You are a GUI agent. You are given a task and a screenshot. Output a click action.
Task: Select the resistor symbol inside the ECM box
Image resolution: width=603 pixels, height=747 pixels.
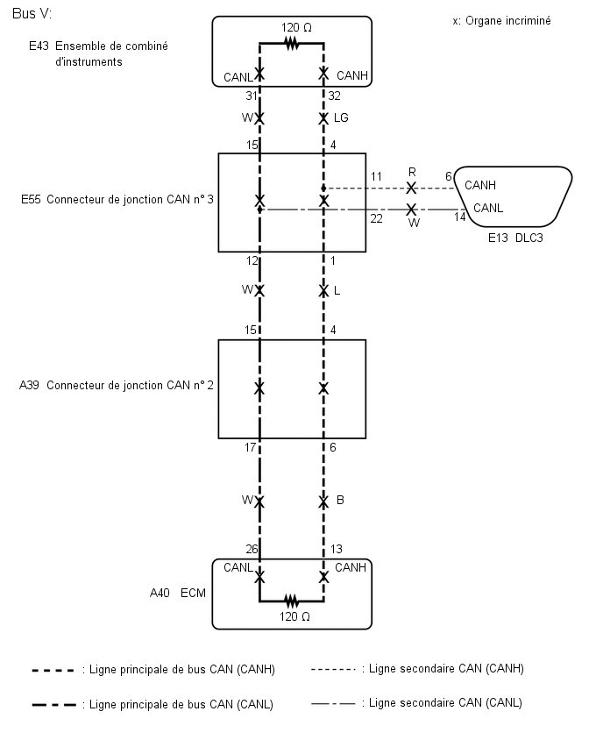click(x=291, y=601)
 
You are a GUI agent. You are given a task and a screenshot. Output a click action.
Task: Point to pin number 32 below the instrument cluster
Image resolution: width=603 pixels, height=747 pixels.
click(x=334, y=96)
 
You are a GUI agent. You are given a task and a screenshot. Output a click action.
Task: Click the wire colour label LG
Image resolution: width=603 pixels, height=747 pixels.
click(x=341, y=117)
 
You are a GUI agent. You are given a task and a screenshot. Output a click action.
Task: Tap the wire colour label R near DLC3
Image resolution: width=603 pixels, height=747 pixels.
click(x=411, y=174)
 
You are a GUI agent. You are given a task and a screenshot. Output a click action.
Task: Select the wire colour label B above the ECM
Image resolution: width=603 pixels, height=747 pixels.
click(x=339, y=501)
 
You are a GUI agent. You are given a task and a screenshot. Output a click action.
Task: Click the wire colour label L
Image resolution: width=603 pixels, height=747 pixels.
click(x=337, y=290)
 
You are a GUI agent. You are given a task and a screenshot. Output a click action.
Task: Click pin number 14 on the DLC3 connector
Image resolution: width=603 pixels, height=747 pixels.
click(x=460, y=217)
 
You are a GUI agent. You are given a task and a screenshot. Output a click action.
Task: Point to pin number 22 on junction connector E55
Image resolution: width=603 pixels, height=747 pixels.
click(x=376, y=218)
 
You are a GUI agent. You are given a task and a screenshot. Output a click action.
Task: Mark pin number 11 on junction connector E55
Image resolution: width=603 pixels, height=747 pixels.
click(x=376, y=177)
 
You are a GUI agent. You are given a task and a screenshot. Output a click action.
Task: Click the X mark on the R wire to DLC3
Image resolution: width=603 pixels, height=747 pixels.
click(x=411, y=189)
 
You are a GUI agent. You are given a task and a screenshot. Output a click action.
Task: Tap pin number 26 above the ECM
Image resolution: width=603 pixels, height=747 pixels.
click(x=251, y=550)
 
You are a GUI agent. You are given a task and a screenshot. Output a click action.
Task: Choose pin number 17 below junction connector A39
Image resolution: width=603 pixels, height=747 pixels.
click(x=250, y=447)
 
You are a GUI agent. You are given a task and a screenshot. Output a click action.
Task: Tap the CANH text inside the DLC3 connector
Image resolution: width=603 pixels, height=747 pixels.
click(x=480, y=185)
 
